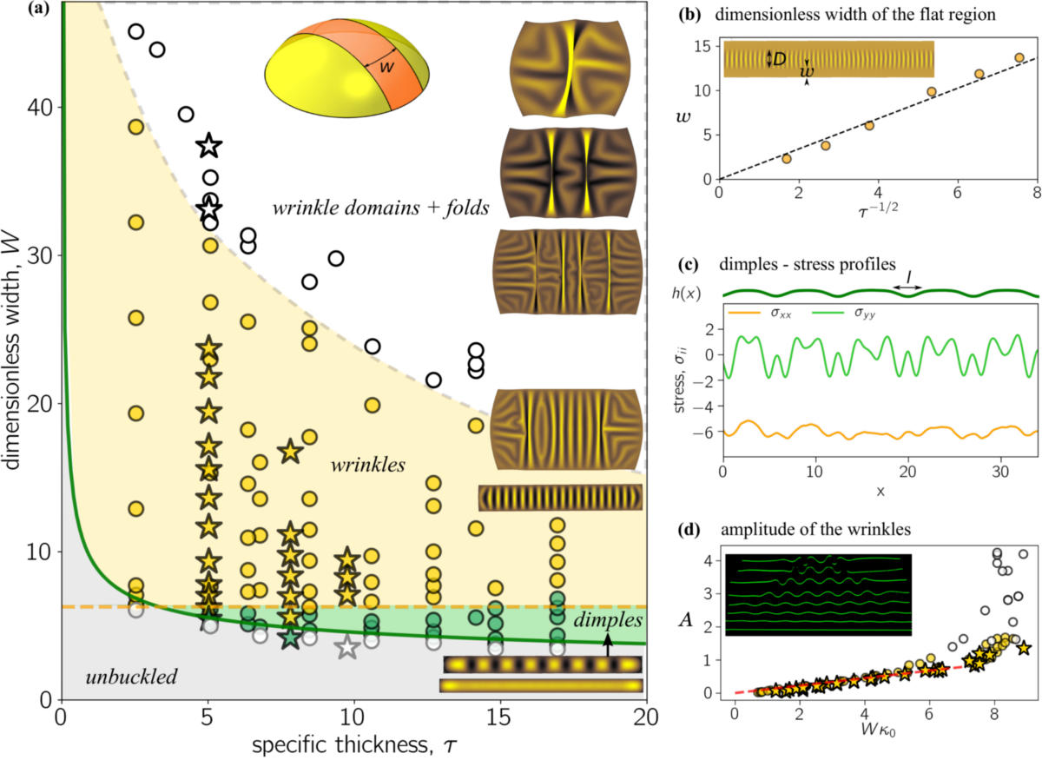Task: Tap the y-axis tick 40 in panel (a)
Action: pos(38,107)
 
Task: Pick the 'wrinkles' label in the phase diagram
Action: pos(368,466)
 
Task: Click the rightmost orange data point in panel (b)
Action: pos(1019,58)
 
